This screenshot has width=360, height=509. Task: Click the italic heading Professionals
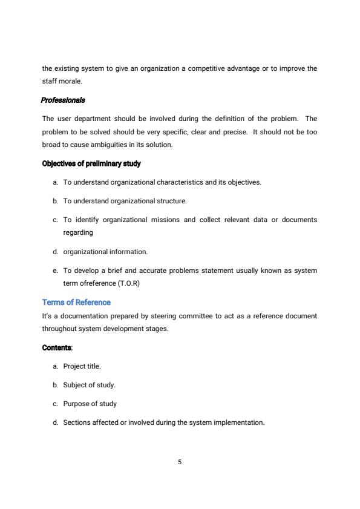[x=63, y=100]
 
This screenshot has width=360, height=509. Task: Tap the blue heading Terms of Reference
[x=76, y=302]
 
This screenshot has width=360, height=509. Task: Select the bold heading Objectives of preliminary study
[x=91, y=163]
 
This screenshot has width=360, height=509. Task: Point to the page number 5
[x=180, y=462]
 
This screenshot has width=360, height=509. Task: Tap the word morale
[x=70, y=80]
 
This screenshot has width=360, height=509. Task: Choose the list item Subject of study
[x=89, y=385]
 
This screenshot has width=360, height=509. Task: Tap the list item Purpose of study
[x=90, y=404]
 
